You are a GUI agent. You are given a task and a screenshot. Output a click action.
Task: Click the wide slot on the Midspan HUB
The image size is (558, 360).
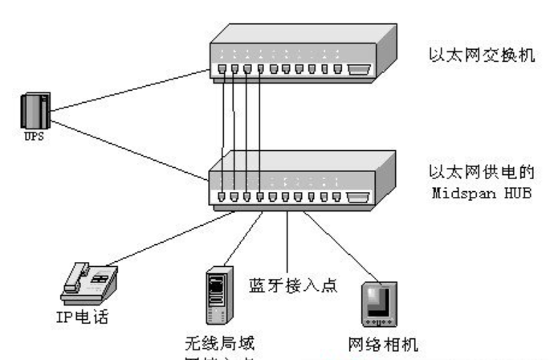click(358, 196)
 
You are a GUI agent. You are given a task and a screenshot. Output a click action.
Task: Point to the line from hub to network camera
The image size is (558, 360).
click(337, 241)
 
